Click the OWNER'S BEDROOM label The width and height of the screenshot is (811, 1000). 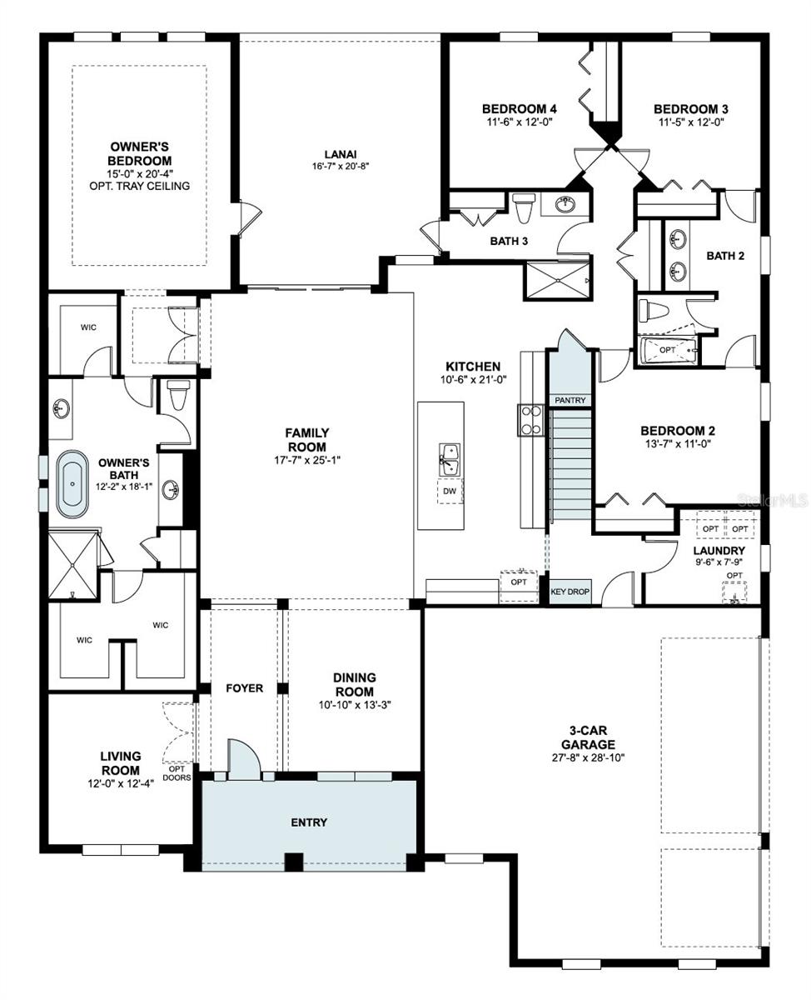tap(140, 153)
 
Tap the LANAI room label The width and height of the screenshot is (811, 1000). tap(341, 153)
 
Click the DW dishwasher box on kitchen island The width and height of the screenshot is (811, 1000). tap(450, 492)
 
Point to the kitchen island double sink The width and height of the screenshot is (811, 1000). tap(450, 457)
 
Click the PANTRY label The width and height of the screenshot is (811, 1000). tap(570, 401)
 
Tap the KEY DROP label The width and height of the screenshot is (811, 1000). tap(570, 592)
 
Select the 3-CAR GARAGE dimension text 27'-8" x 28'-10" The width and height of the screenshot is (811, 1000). tap(588, 757)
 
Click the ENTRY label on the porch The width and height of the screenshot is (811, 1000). tap(309, 822)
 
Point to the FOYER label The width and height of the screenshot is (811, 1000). tap(245, 688)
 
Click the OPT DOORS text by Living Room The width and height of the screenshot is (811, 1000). tap(177, 772)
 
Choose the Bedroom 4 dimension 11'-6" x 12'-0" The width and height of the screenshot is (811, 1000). tap(520, 122)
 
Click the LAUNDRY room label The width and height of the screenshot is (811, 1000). tap(719, 551)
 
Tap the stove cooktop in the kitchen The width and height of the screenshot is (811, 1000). tap(530, 420)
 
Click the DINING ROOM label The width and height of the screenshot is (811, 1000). tap(355, 684)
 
